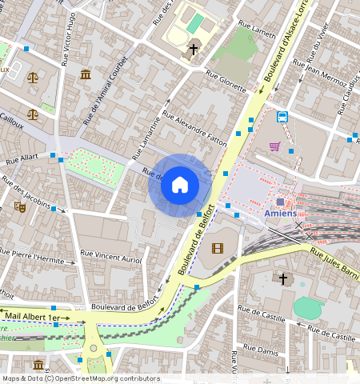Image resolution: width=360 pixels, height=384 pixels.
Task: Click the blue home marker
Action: pyautogui.click(x=180, y=185)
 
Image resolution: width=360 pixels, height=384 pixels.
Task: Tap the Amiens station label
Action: pyautogui.click(x=280, y=213)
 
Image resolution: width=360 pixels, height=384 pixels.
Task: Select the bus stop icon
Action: pyautogui.click(x=282, y=117)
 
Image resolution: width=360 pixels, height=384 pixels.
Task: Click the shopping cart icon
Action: pyautogui.click(x=275, y=146)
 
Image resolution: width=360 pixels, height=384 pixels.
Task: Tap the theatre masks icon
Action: pyautogui.click(x=20, y=206)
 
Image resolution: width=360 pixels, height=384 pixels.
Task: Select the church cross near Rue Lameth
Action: pyautogui.click(x=193, y=50)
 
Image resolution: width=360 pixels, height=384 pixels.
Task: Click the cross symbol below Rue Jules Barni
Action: pyautogui.click(x=282, y=278)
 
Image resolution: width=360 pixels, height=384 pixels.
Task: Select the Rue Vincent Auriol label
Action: pyautogui.click(x=111, y=258)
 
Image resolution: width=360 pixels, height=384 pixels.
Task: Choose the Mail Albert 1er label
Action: pyautogui.click(x=32, y=318)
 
